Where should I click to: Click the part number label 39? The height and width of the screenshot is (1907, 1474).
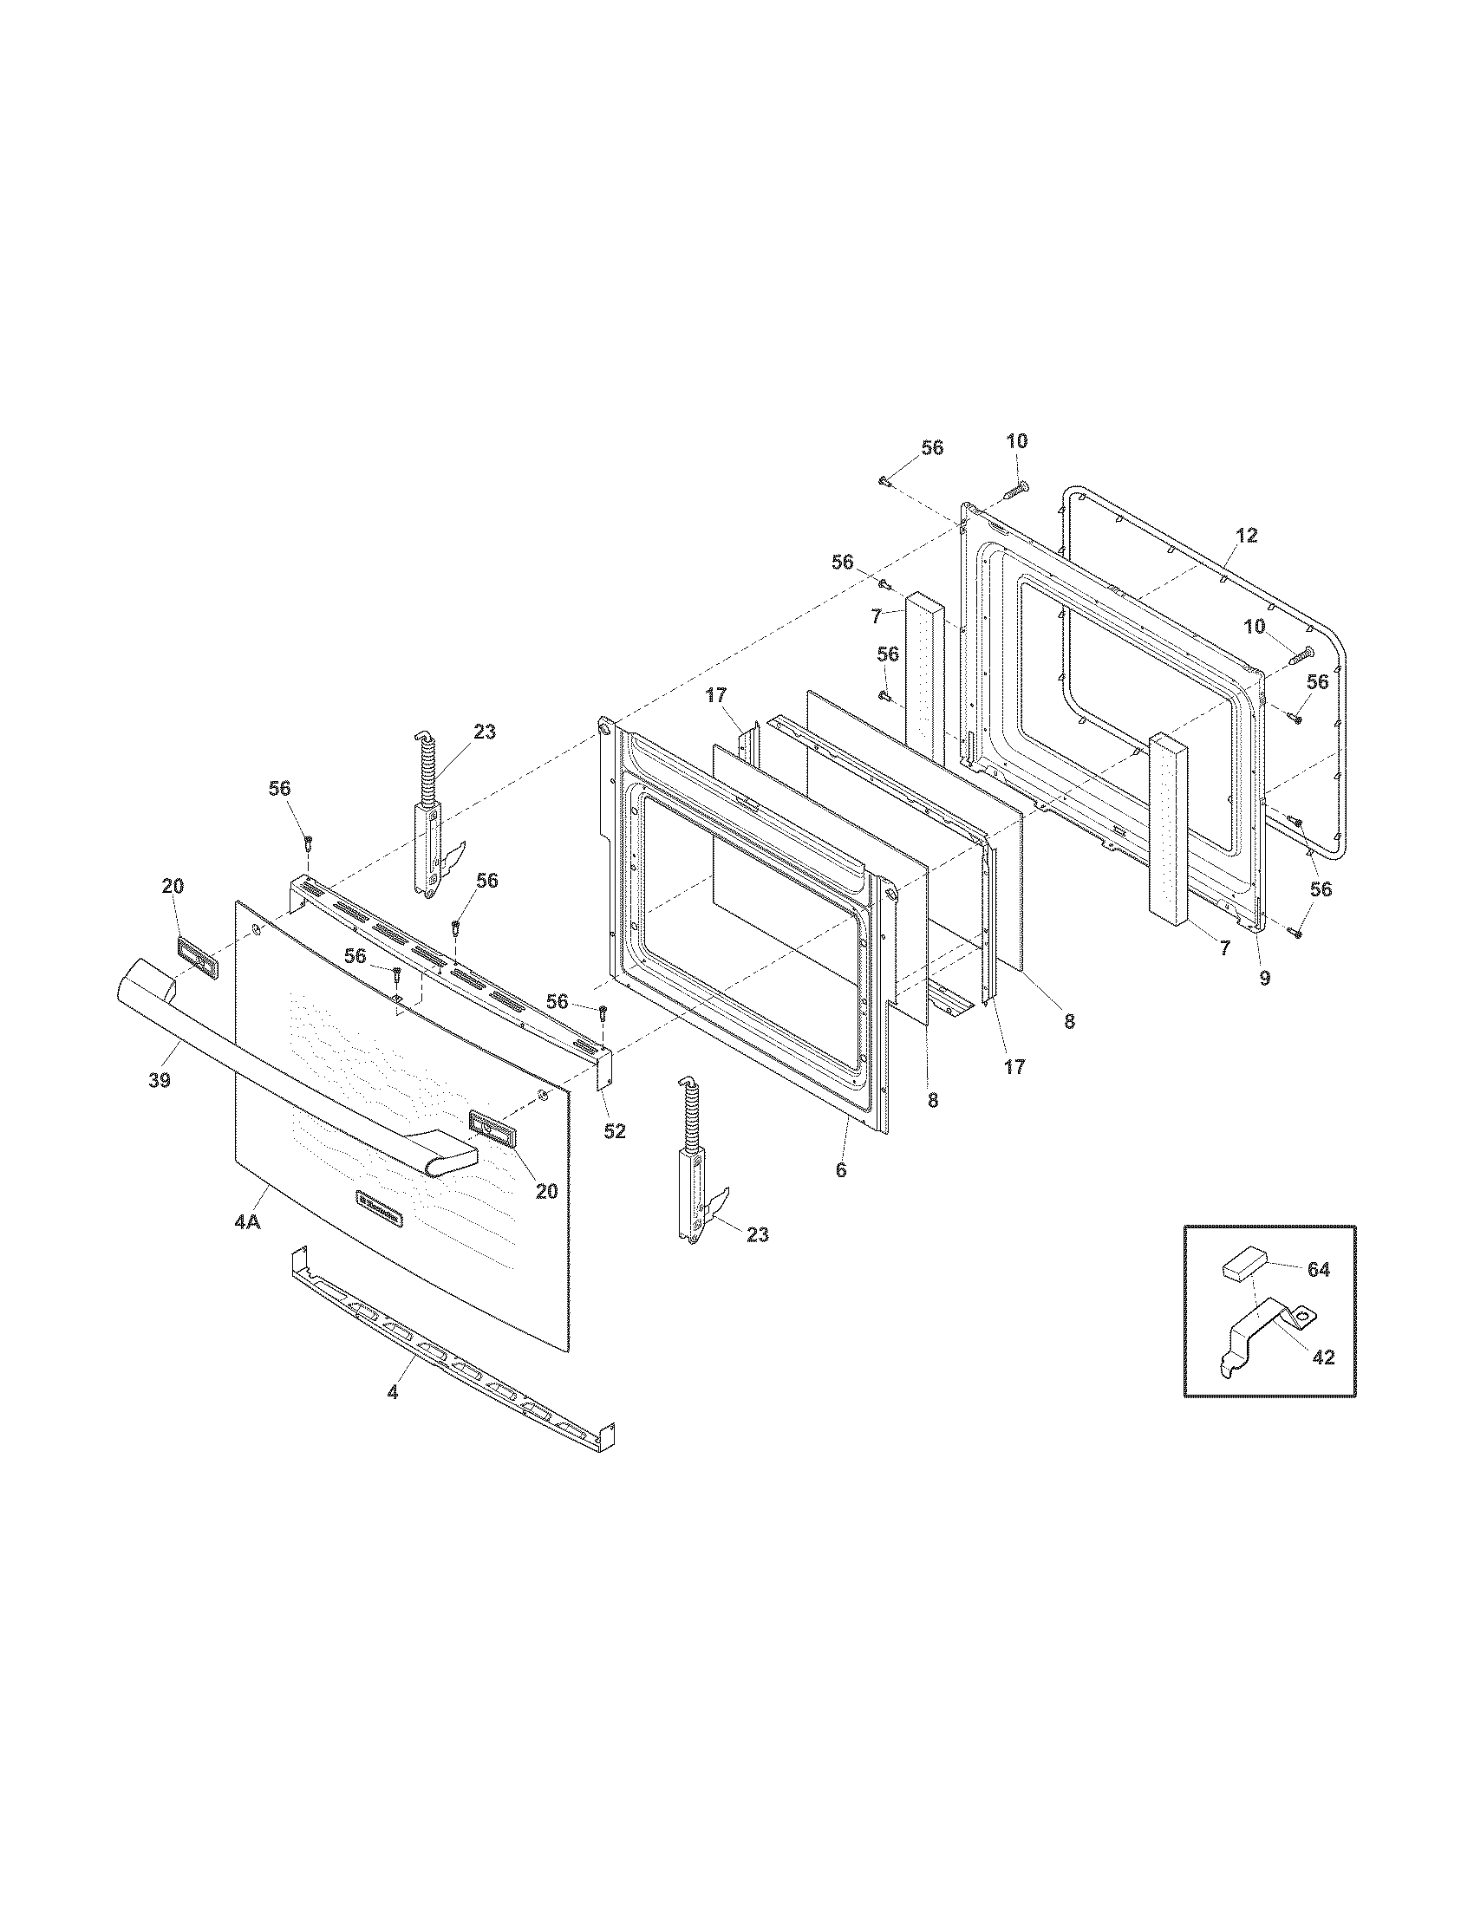[158, 1080]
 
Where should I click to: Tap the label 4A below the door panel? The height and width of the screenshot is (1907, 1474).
[247, 1222]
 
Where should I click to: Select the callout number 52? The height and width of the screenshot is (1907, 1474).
[615, 1130]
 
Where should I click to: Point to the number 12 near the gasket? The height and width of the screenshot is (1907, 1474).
[1247, 536]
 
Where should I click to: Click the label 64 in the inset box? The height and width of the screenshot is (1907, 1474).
[1318, 1270]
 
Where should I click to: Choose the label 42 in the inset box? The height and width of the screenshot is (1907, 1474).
[1324, 1357]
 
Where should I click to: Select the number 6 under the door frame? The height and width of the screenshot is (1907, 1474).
[841, 1171]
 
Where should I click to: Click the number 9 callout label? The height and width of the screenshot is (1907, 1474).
[1264, 979]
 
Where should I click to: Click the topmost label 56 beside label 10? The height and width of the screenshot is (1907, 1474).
[932, 448]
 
